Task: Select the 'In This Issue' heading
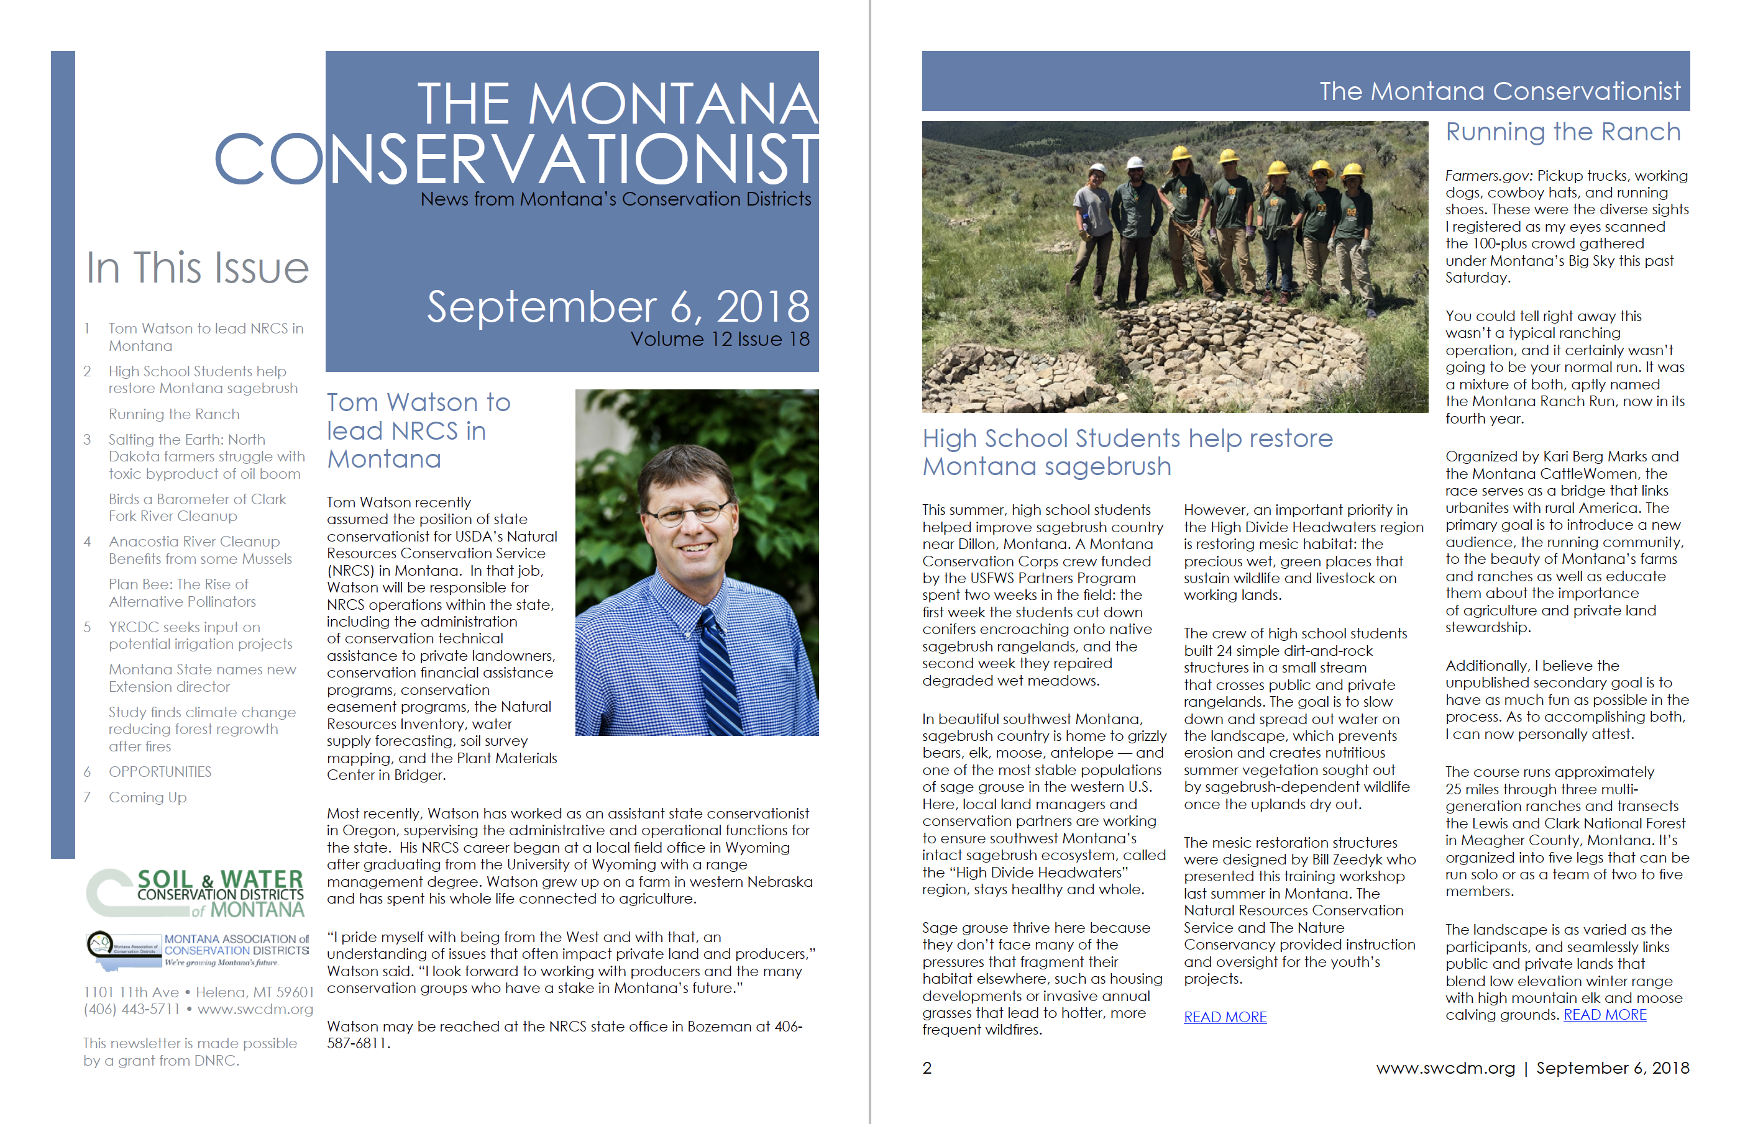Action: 197,267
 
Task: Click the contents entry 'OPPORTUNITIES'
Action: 160,771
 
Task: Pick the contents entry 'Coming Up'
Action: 147,797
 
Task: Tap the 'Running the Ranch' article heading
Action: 1562,132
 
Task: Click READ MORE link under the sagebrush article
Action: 1224,1017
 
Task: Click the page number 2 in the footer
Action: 927,1068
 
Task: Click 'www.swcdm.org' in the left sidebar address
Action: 255,1008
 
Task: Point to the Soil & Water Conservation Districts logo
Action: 196,892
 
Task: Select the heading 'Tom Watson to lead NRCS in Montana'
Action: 418,430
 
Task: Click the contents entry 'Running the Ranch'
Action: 174,414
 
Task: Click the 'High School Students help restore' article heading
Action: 1127,438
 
